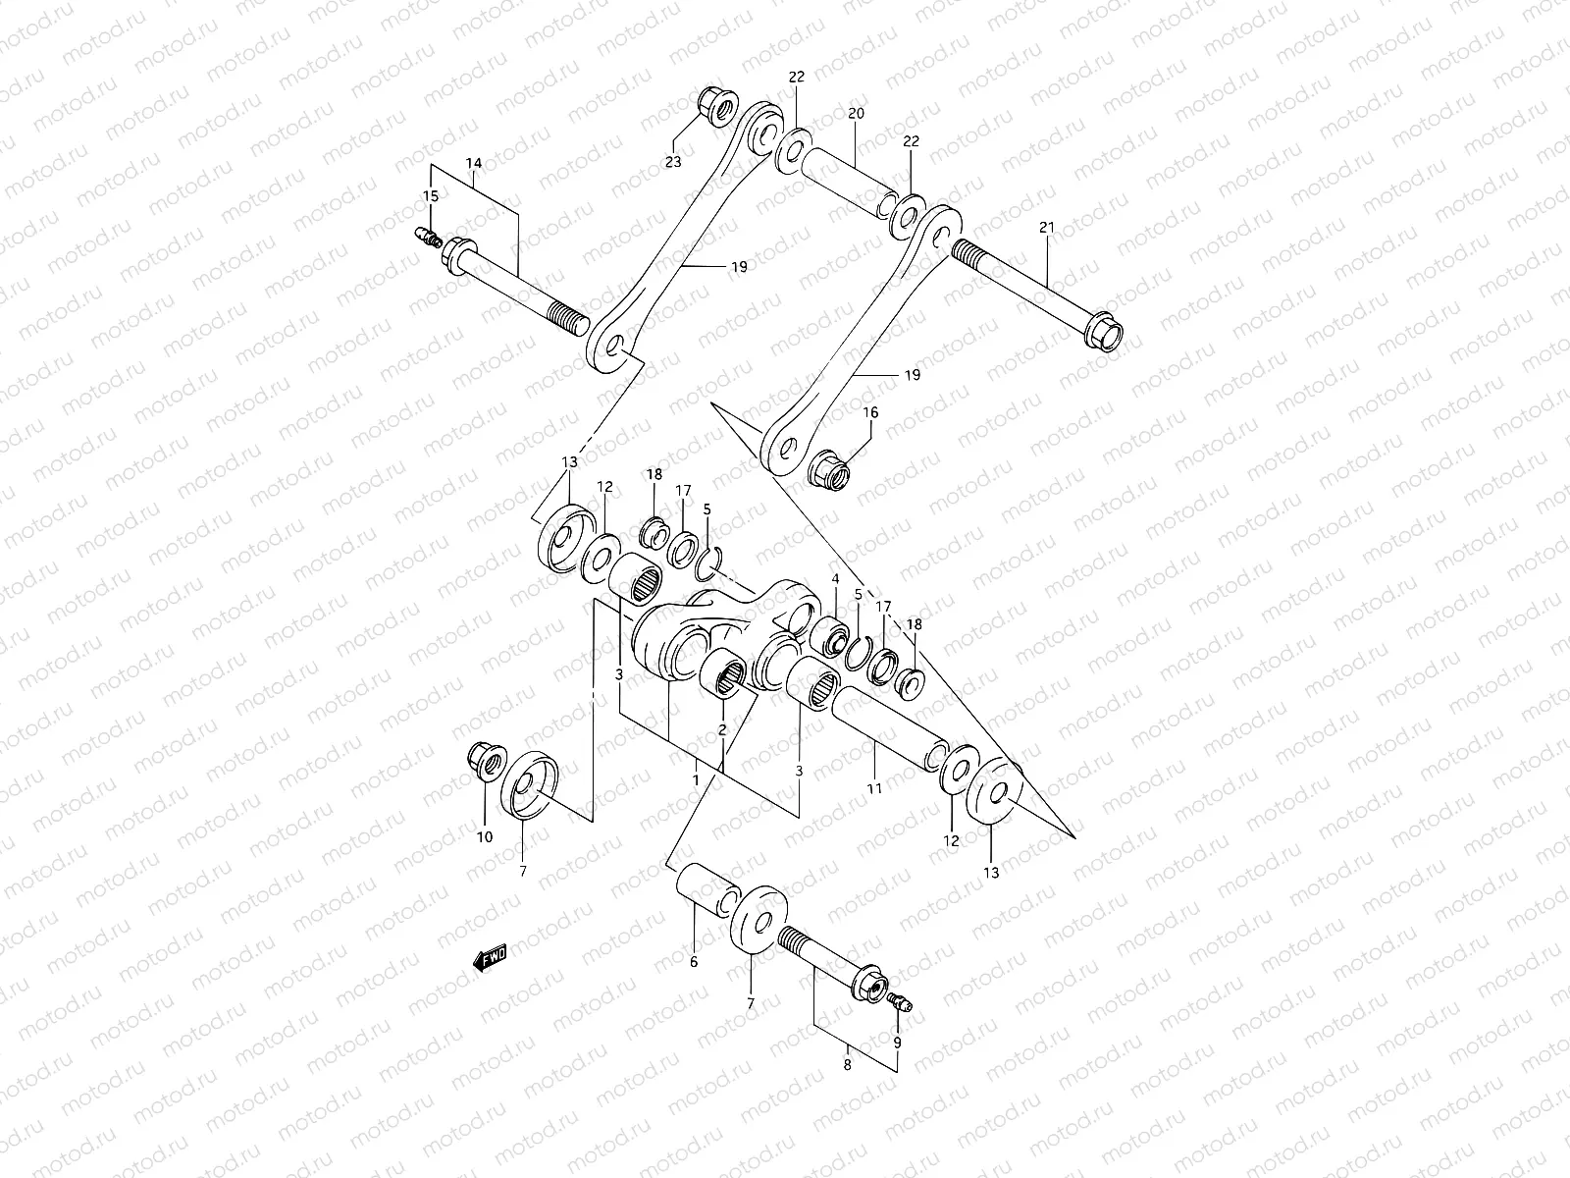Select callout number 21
(1046, 228)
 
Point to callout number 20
(856, 114)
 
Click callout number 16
(870, 413)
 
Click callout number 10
(485, 837)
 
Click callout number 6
(693, 962)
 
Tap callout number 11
(874, 787)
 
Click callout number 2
(721, 730)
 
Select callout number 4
(835, 579)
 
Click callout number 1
(697, 778)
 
